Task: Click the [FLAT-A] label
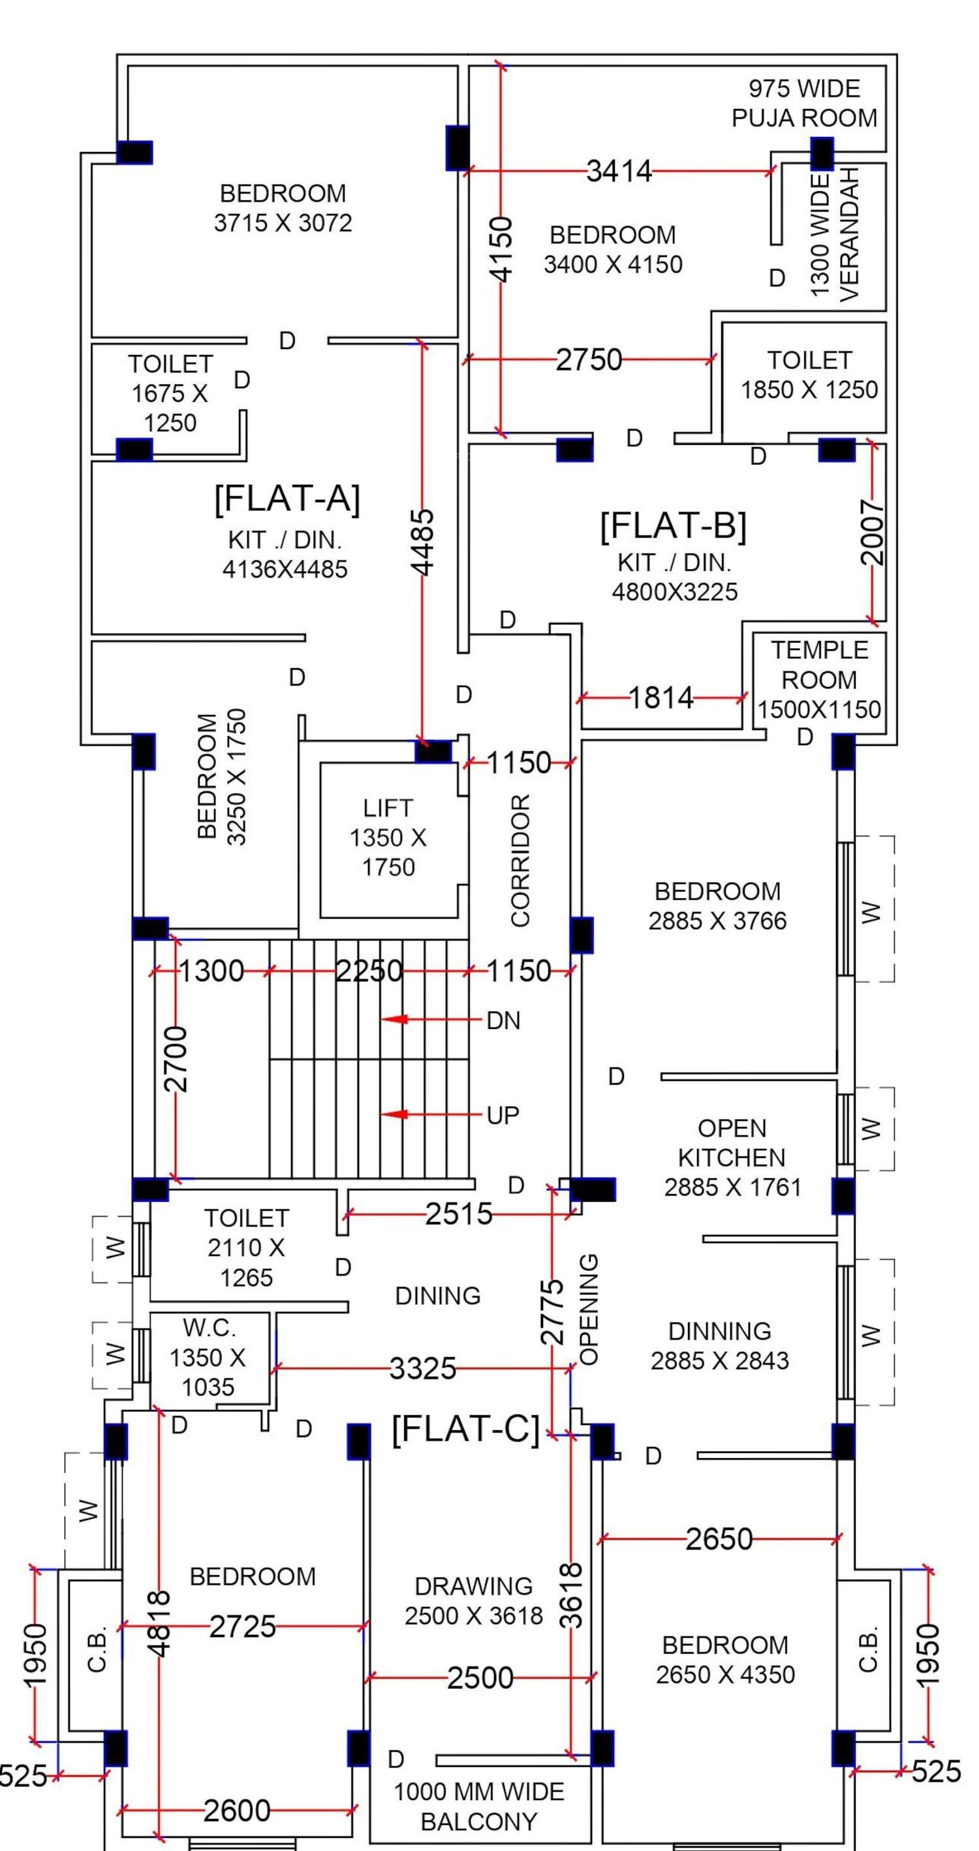pyautogui.click(x=287, y=498)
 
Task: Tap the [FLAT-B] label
pyautogui.click(x=674, y=525)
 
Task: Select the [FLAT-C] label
pyautogui.click(x=466, y=1428)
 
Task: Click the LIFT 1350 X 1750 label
pyautogui.click(x=388, y=838)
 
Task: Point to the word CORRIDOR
pyautogui.click(x=520, y=860)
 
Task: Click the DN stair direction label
pyautogui.click(x=503, y=1020)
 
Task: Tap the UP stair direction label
pyautogui.click(x=503, y=1115)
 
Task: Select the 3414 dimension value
pyautogui.click(x=619, y=172)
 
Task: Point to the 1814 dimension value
pyautogui.click(x=661, y=697)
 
